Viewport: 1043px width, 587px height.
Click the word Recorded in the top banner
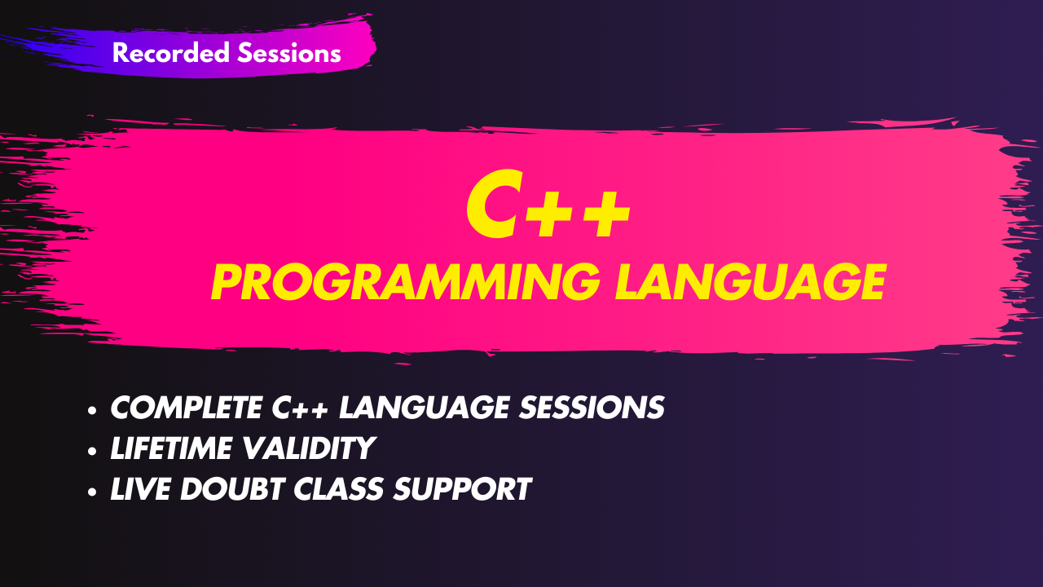(x=171, y=52)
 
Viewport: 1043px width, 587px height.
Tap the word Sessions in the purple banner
(x=289, y=52)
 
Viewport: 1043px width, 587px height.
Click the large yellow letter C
(x=495, y=204)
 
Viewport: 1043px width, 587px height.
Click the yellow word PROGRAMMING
(x=406, y=282)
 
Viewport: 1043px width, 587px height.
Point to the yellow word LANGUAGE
(x=750, y=282)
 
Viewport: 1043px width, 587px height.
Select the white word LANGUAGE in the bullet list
(x=425, y=408)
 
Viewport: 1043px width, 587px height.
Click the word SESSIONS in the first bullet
(x=592, y=408)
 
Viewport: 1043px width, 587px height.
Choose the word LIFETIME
(x=172, y=448)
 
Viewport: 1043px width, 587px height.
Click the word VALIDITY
(x=309, y=448)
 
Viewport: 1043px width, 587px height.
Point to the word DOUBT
(x=232, y=488)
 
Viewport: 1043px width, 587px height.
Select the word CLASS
(x=338, y=488)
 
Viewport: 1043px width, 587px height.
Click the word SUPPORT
(x=462, y=488)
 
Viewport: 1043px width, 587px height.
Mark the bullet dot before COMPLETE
(x=92, y=410)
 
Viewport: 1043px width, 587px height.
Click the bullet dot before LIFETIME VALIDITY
(x=92, y=451)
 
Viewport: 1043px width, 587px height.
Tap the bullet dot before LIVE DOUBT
(x=92, y=492)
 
